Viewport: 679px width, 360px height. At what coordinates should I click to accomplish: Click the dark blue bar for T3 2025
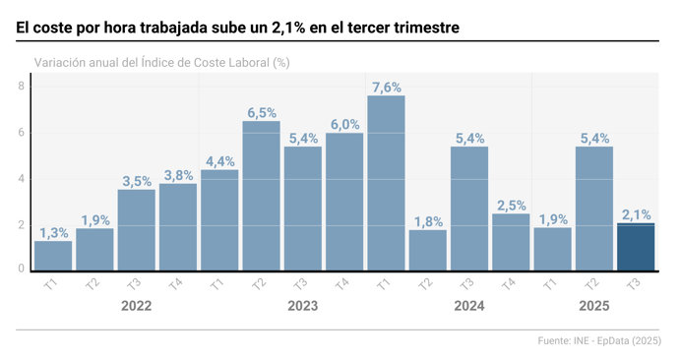635,247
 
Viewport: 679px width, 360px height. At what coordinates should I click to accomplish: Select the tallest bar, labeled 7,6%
386,182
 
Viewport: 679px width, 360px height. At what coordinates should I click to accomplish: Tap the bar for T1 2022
53,255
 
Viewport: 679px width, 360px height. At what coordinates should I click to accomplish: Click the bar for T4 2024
511,241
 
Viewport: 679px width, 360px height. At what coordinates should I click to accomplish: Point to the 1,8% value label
427,221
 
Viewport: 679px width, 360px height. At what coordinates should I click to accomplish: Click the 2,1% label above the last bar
636,214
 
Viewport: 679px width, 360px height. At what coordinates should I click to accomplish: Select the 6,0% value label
344,125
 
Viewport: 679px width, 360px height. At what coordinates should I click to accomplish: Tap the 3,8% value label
178,176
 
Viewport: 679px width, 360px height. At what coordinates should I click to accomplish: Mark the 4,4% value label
219,162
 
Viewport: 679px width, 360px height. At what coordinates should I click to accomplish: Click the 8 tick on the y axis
21,87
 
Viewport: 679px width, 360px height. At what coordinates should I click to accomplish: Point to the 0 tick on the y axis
21,269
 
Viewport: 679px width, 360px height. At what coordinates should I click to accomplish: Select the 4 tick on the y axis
21,178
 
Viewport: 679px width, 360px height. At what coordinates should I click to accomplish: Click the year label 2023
302,306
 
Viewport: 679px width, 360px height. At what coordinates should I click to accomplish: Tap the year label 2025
593,306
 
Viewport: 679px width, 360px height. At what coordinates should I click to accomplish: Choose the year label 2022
136,306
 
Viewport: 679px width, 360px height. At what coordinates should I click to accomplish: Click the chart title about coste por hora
237,29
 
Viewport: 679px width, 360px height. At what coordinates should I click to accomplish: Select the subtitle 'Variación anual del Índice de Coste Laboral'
161,62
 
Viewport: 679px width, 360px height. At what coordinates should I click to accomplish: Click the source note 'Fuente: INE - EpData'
600,341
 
